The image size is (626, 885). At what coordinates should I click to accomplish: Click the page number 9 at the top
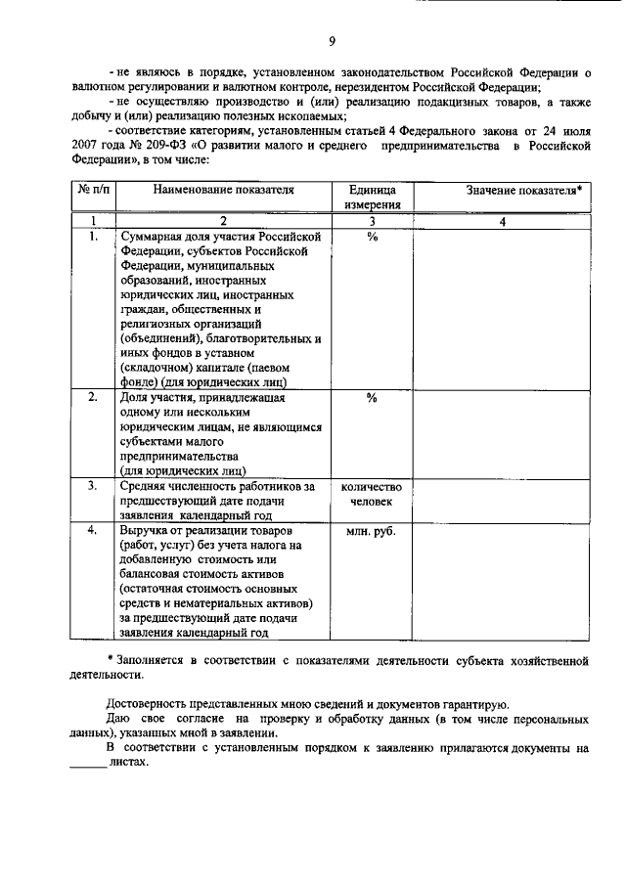coord(332,40)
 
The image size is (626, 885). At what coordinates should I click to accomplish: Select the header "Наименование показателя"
coord(223,190)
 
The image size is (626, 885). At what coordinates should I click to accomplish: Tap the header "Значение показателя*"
coord(502,190)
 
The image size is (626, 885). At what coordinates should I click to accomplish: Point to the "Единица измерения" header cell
coord(372,198)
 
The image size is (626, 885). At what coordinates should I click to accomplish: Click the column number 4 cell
coord(502,222)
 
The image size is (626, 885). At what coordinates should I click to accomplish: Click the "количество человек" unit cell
coord(372,493)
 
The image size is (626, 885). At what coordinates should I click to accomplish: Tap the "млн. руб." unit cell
coord(372,532)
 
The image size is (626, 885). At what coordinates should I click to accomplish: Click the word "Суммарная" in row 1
coord(151,238)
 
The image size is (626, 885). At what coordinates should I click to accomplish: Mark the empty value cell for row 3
coord(502,500)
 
